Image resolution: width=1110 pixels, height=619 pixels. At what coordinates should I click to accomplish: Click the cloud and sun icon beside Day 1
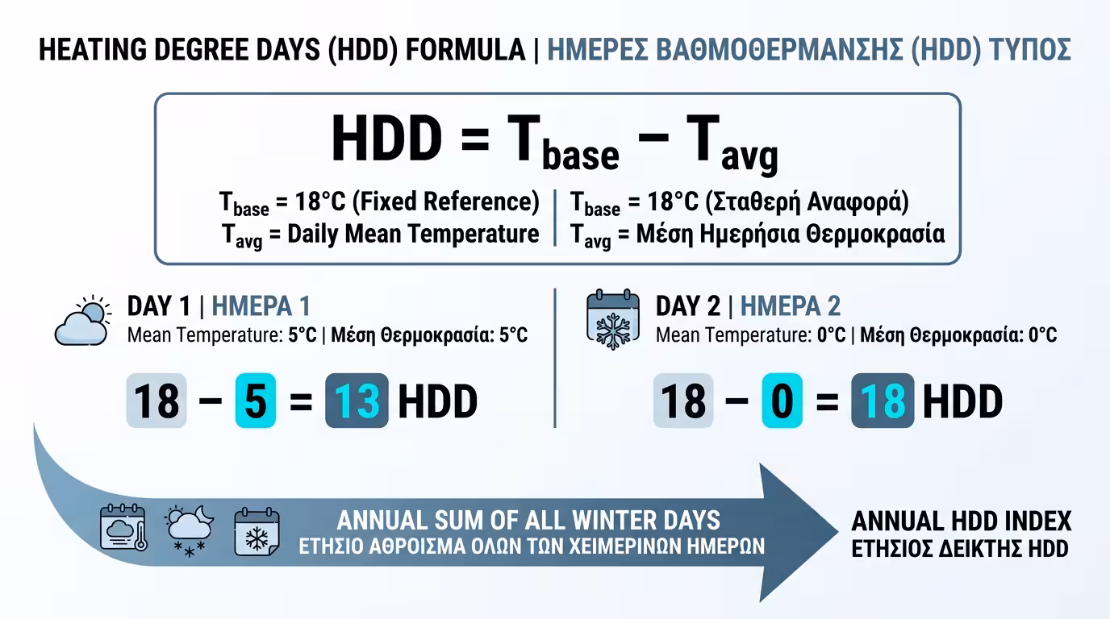point(83,321)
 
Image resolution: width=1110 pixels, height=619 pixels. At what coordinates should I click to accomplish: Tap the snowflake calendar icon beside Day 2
point(612,321)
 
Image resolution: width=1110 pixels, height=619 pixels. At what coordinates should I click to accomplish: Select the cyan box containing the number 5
point(256,401)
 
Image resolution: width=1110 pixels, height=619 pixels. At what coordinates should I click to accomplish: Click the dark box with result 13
point(357,401)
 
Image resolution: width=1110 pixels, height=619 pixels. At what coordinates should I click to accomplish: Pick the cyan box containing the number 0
point(782,401)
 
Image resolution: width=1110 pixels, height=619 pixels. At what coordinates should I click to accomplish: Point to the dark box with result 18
point(883,401)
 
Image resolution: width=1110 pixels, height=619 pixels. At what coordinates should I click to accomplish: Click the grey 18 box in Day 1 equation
point(156,401)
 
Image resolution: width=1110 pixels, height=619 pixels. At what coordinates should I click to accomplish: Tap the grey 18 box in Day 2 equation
point(682,401)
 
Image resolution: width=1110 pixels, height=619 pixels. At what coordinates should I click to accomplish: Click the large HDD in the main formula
point(386,139)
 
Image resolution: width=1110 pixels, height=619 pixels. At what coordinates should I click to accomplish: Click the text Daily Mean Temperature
point(413,235)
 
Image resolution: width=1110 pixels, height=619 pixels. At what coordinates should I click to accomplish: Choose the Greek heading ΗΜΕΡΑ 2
point(791,306)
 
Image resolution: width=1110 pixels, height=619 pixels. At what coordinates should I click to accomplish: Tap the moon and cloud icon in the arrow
point(189,528)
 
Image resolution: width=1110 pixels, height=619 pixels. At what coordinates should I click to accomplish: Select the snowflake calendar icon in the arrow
point(257,531)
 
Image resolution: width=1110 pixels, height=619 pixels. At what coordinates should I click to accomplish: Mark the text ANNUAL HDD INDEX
point(962,521)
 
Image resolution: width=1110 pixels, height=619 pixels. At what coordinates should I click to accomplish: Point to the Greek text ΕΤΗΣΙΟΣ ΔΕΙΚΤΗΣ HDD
point(960,549)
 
